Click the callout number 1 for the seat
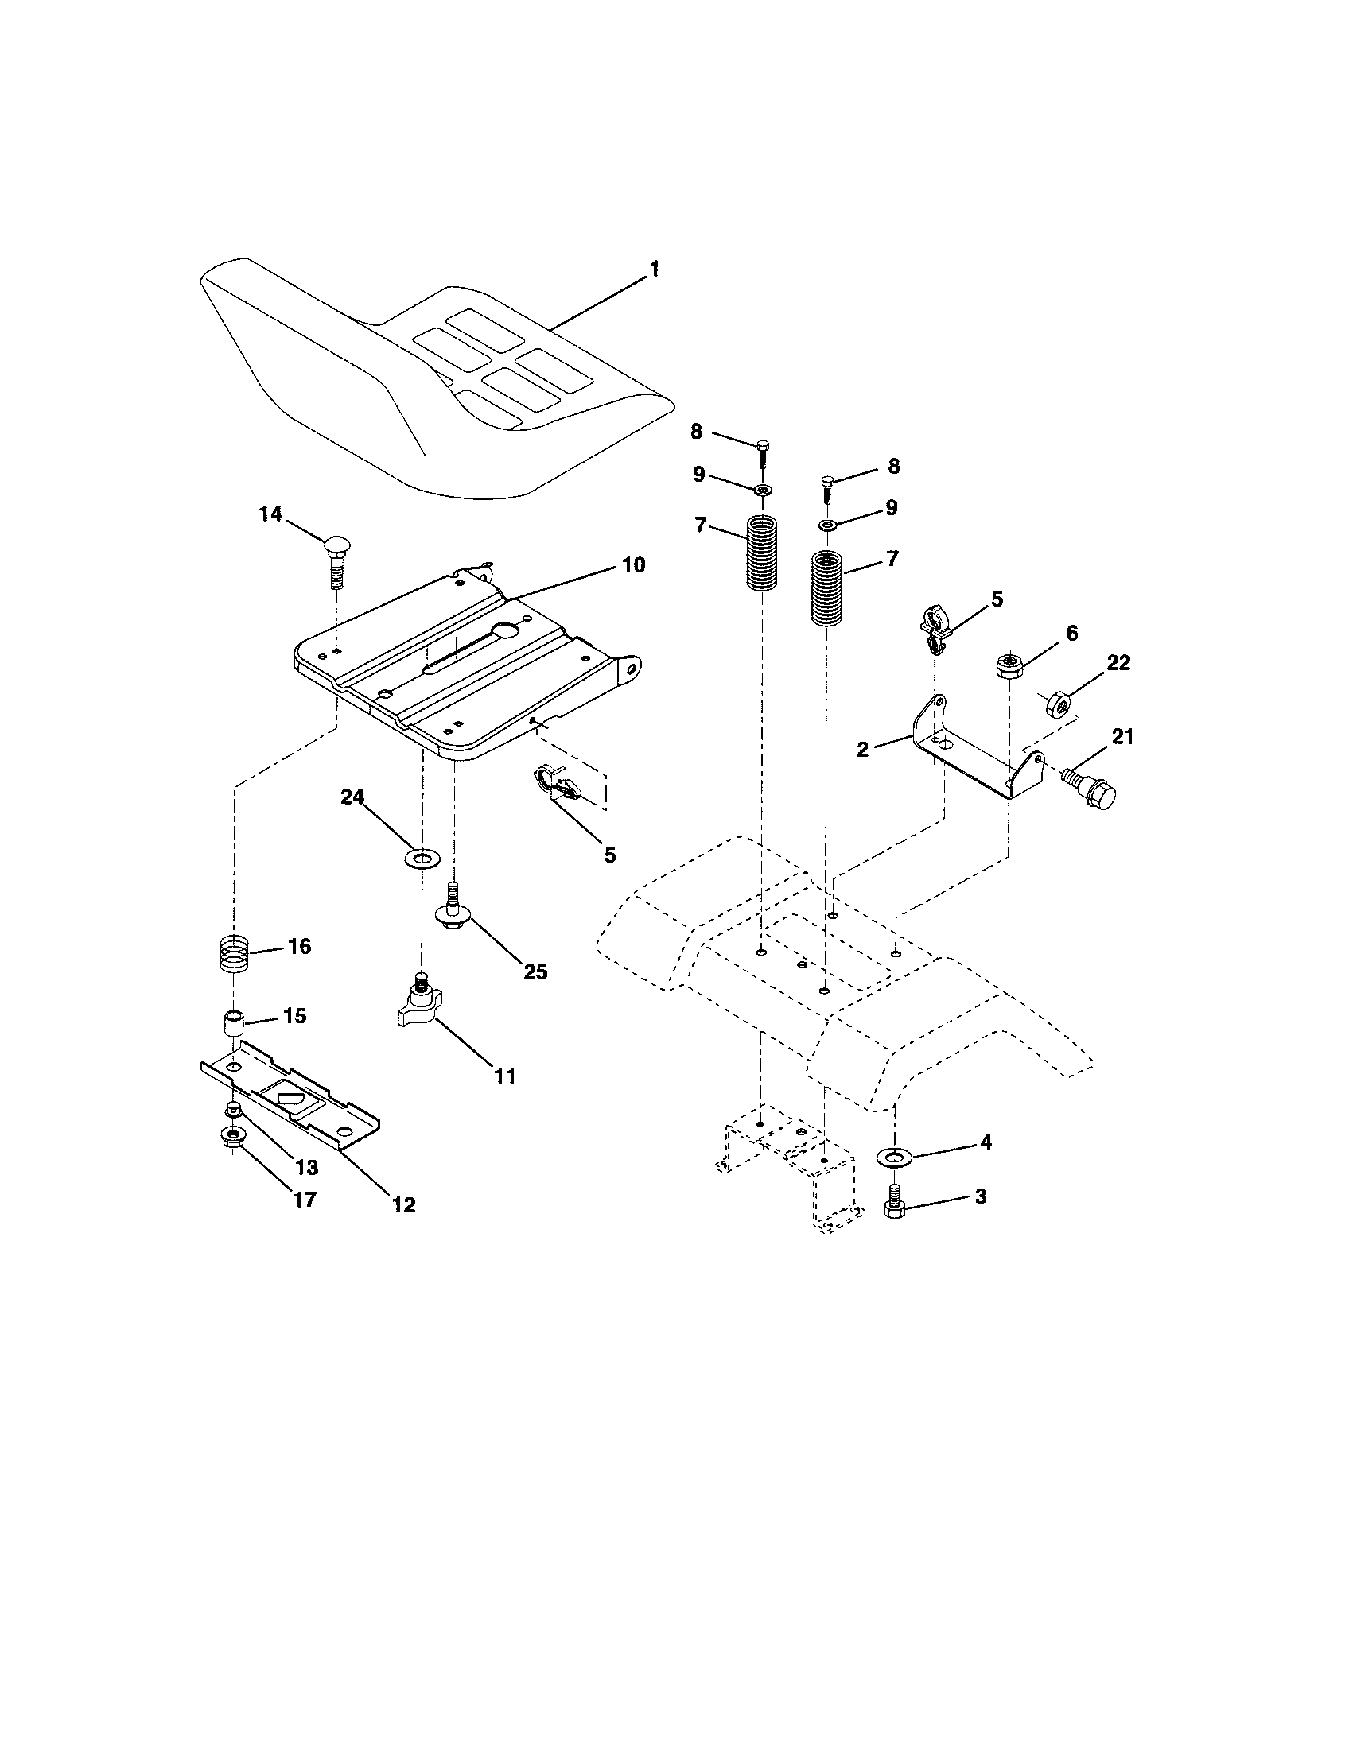pos(654,269)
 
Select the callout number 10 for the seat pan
pos(632,565)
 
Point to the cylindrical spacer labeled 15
pos(232,1024)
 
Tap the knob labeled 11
pos(418,1007)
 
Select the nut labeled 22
pos(1059,703)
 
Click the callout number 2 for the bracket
pos(862,750)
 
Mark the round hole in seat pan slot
pos(507,632)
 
